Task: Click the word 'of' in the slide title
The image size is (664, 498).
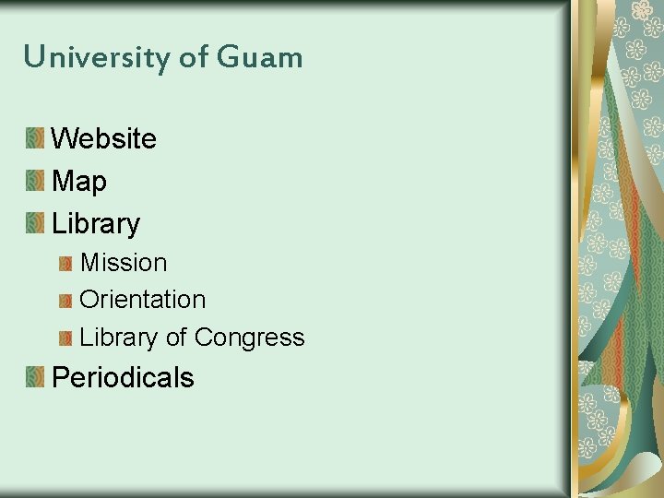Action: click(194, 57)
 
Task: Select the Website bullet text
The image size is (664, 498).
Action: click(104, 139)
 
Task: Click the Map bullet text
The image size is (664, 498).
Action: click(79, 182)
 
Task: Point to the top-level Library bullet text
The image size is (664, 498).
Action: click(96, 224)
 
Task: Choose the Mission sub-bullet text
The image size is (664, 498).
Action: click(124, 263)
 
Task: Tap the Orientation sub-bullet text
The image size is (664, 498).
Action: click(143, 300)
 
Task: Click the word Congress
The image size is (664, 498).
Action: click(250, 338)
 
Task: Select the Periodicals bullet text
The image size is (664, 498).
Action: click(123, 378)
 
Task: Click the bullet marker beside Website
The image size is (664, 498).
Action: click(35, 139)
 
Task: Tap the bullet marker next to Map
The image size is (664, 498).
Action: click(35, 182)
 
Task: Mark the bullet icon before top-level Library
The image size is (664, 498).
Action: click(35, 224)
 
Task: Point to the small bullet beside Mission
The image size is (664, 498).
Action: click(65, 264)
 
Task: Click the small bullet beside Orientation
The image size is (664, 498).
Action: click(65, 301)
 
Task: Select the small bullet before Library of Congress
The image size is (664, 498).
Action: click(65, 338)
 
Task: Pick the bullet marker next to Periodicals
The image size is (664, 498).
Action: click(35, 377)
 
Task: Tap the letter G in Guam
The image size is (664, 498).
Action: click(227, 57)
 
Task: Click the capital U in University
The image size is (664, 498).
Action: click(33, 57)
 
